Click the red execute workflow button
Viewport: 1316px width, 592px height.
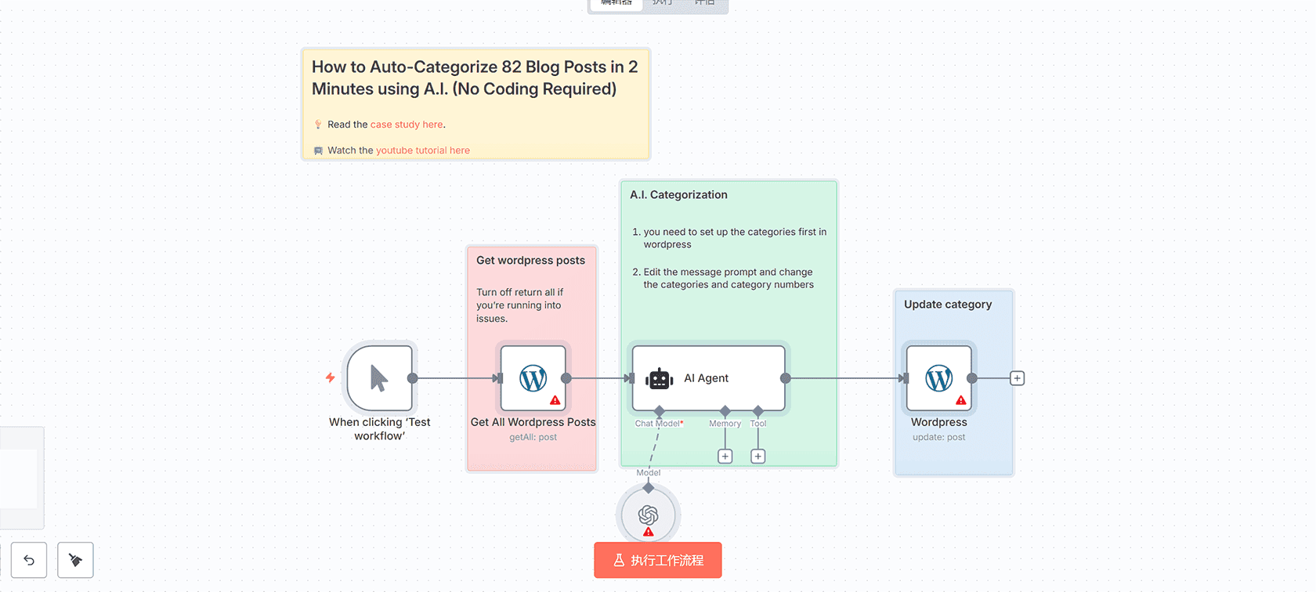(x=657, y=560)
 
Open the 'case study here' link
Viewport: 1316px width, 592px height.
(x=407, y=125)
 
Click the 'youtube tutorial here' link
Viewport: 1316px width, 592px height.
(x=423, y=150)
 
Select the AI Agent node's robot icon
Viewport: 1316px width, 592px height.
(x=660, y=378)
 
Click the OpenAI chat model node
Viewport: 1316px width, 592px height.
(x=648, y=514)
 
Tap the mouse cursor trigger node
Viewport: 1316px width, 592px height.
(x=380, y=378)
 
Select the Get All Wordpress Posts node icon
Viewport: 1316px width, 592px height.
(x=533, y=378)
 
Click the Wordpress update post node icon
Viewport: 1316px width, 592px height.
(x=939, y=378)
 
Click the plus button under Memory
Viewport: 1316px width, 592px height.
(x=725, y=457)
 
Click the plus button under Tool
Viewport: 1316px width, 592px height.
(x=758, y=457)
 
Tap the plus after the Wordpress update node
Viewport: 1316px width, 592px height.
(x=1018, y=378)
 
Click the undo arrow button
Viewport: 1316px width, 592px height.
(x=29, y=560)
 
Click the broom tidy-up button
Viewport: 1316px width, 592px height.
(x=75, y=560)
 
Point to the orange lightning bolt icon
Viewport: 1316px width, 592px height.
(x=331, y=377)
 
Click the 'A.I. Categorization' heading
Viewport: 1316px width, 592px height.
(x=678, y=195)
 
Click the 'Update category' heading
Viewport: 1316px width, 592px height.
(x=948, y=305)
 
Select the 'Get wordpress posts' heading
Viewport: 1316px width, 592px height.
(x=530, y=261)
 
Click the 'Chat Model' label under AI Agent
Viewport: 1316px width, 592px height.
(x=658, y=424)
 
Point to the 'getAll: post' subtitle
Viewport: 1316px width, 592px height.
(x=533, y=438)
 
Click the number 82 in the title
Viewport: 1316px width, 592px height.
(x=512, y=67)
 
